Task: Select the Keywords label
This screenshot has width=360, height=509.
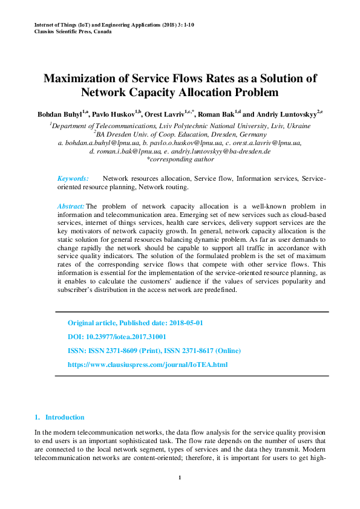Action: pyautogui.click(x=73, y=178)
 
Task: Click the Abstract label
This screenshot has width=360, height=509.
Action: pyautogui.click(x=71, y=206)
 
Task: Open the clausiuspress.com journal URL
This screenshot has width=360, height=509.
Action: pyautogui.click(x=148, y=365)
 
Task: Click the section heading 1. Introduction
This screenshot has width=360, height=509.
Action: pyautogui.click(x=59, y=417)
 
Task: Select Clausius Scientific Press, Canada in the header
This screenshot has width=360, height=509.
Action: pyautogui.click(x=73, y=31)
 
